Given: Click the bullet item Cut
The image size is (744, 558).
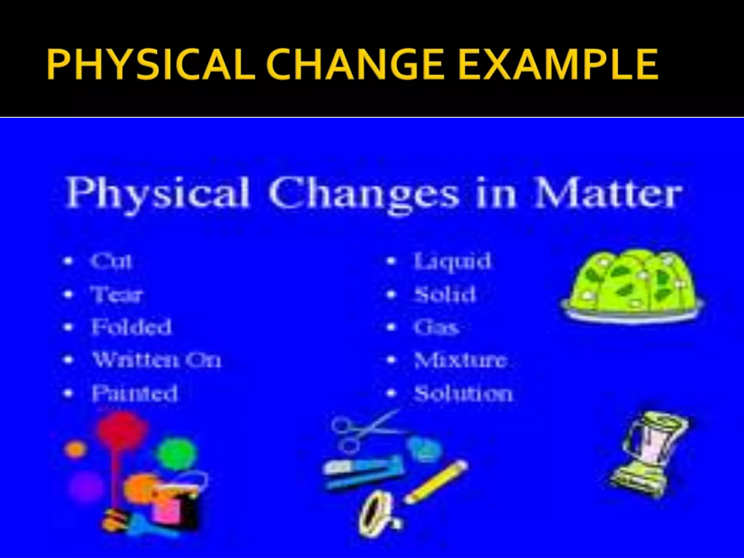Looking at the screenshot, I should (x=111, y=261).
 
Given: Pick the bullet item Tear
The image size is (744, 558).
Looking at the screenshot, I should (x=116, y=294).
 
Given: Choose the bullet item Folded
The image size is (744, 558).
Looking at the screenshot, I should (x=131, y=327).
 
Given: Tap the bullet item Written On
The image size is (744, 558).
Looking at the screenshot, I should (x=156, y=360).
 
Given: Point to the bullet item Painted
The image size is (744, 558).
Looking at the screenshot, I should (x=134, y=393).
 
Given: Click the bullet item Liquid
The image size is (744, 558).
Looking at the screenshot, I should (x=452, y=261).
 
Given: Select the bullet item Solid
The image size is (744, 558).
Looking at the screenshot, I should (x=445, y=294).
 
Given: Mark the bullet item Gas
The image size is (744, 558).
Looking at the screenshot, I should (x=436, y=327).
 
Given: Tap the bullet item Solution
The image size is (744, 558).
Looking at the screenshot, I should (x=463, y=393).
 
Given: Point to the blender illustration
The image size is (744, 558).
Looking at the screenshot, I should (x=650, y=454).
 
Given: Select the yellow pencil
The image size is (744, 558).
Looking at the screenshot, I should (x=436, y=481).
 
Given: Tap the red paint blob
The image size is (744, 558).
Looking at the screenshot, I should (x=122, y=429).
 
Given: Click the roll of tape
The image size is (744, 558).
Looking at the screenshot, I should (x=376, y=512).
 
